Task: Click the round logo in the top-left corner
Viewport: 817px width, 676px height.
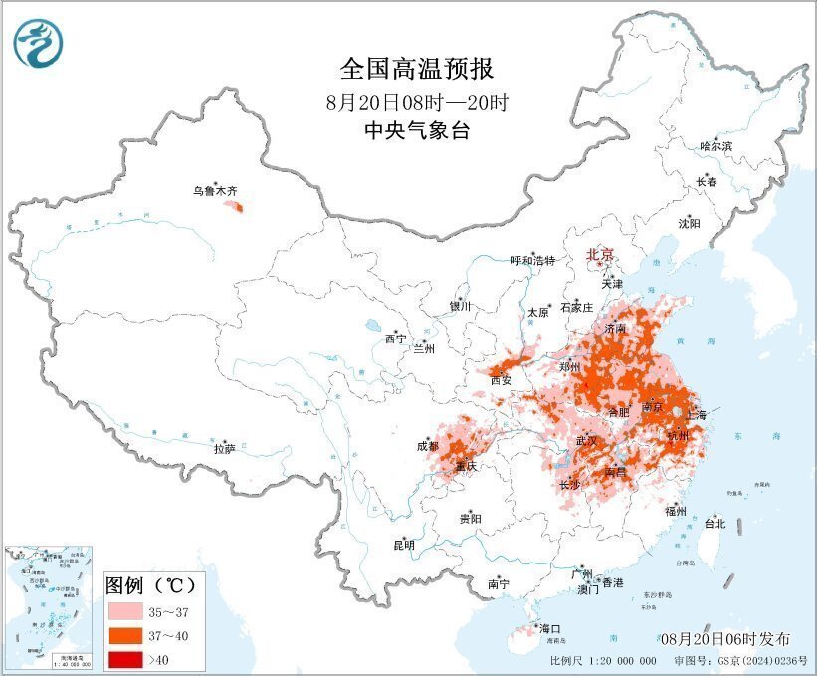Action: pos(38,45)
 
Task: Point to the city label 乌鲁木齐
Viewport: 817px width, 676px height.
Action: pos(215,191)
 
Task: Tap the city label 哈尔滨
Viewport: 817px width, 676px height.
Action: pos(715,146)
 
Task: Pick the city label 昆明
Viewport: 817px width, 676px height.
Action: pos(403,545)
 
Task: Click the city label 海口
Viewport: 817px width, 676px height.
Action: pos(550,628)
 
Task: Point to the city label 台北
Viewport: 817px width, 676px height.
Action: pos(715,523)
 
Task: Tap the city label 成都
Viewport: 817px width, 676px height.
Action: pos(428,446)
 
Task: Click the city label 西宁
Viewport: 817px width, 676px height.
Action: pos(395,338)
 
